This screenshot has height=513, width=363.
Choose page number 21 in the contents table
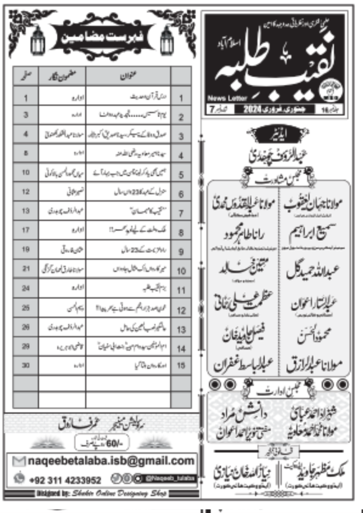pos(25,270)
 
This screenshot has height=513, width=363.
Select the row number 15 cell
pos(181,366)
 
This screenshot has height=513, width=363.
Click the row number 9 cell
pos(181,250)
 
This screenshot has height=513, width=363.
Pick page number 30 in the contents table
pos(25,366)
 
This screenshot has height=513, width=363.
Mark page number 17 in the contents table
pos(25,231)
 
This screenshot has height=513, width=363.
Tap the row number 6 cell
pos(181,193)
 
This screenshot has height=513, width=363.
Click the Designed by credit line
pos(102,493)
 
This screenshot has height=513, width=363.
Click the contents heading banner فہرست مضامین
pos(103,37)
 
